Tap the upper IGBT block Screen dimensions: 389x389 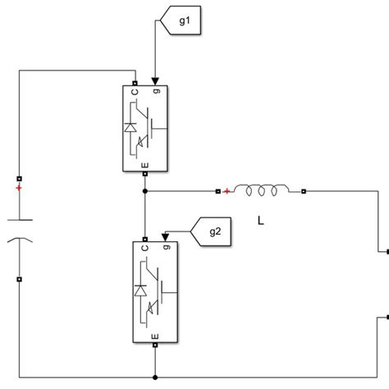pos(145,127)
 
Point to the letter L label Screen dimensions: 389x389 pos(260,219)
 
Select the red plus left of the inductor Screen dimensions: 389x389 pos(227,192)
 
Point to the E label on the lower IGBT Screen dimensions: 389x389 pos(154,336)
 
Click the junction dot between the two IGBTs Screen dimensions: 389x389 pos(145,192)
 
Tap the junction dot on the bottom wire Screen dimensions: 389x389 pos(155,375)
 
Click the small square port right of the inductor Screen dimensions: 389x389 pos(304,192)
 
